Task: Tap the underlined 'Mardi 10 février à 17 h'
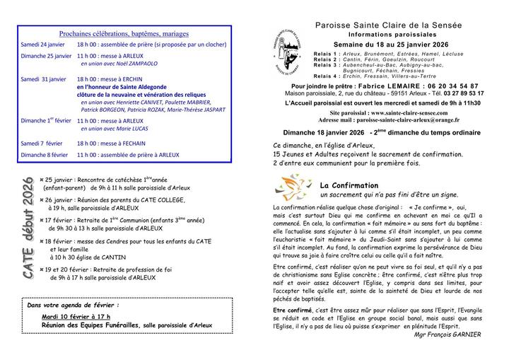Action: [76, 316]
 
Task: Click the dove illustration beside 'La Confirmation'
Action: [290, 187]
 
